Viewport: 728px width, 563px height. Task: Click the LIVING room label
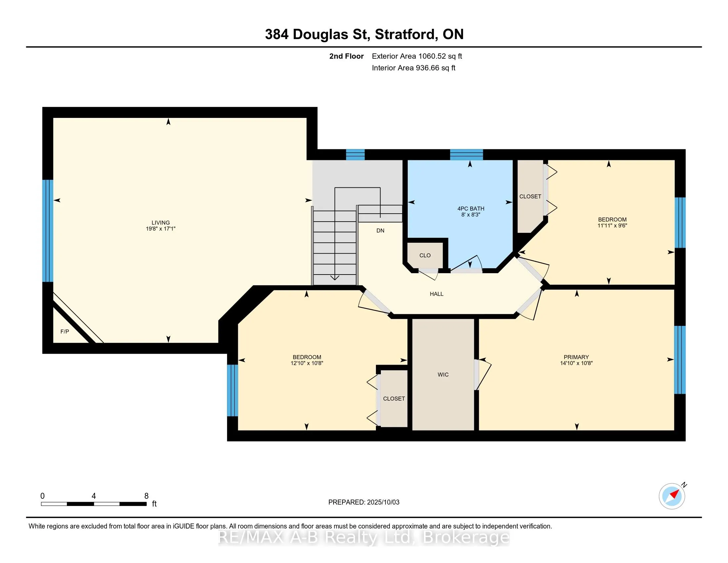[161, 223]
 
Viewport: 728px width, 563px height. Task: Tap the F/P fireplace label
[65, 332]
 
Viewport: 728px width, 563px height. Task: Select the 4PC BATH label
[471, 209]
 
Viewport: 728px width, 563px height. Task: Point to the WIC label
[443, 375]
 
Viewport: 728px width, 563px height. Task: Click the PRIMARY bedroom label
[576, 357]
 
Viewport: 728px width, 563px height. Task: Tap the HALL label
[437, 294]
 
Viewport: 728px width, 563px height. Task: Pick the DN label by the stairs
[380, 230]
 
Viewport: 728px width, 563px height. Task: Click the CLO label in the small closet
[425, 255]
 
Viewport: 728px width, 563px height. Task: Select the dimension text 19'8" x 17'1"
[161, 229]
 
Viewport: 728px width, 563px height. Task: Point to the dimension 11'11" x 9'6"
[612, 226]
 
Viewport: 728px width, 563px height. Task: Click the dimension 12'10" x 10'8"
[307, 363]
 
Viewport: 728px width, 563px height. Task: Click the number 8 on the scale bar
[146, 496]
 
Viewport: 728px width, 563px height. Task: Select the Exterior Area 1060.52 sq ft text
[417, 56]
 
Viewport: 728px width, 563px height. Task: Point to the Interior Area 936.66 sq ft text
[414, 68]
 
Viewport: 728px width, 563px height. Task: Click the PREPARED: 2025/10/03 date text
[364, 502]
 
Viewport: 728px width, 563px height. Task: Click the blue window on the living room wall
[48, 231]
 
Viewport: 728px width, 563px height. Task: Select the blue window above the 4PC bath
[466, 155]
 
